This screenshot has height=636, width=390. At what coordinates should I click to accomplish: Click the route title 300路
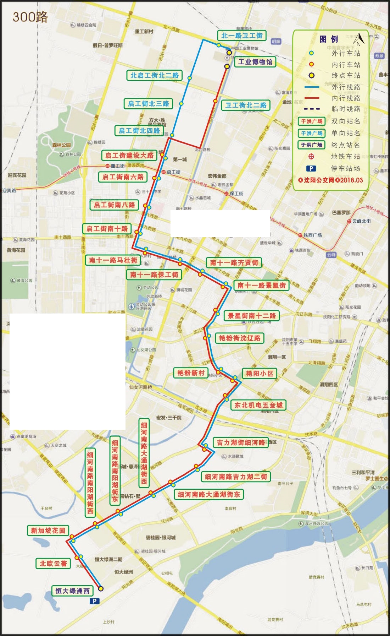coord(30,17)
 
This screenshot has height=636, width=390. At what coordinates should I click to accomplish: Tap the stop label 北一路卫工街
coord(241,36)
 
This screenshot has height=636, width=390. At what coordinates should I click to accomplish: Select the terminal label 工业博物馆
coord(255,62)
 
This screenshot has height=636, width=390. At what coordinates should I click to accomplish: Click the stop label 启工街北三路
coord(148,104)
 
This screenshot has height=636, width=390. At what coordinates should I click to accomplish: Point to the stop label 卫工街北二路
coord(245,105)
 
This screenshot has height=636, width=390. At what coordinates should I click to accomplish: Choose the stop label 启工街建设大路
coord(129,155)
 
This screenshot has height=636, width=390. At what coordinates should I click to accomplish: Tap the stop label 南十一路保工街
coord(154,274)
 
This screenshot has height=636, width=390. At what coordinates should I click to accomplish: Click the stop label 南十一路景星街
coord(261,285)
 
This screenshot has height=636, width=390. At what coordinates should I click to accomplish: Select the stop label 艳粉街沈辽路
coord(239,338)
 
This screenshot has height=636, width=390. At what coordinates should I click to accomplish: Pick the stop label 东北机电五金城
coord(258,405)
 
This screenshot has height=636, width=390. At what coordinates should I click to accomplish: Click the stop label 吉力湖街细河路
coord(240,442)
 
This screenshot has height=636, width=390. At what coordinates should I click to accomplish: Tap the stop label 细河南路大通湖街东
coord(208,494)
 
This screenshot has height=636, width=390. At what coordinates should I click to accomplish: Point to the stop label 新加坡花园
coord(48,531)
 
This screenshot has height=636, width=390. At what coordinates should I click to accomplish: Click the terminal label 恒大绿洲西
coord(72,591)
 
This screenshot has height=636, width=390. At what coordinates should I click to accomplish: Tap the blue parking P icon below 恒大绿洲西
coord(94,601)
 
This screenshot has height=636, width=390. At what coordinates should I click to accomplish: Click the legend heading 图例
coord(328,39)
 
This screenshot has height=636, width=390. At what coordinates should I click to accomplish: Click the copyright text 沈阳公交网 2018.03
coord(330,180)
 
